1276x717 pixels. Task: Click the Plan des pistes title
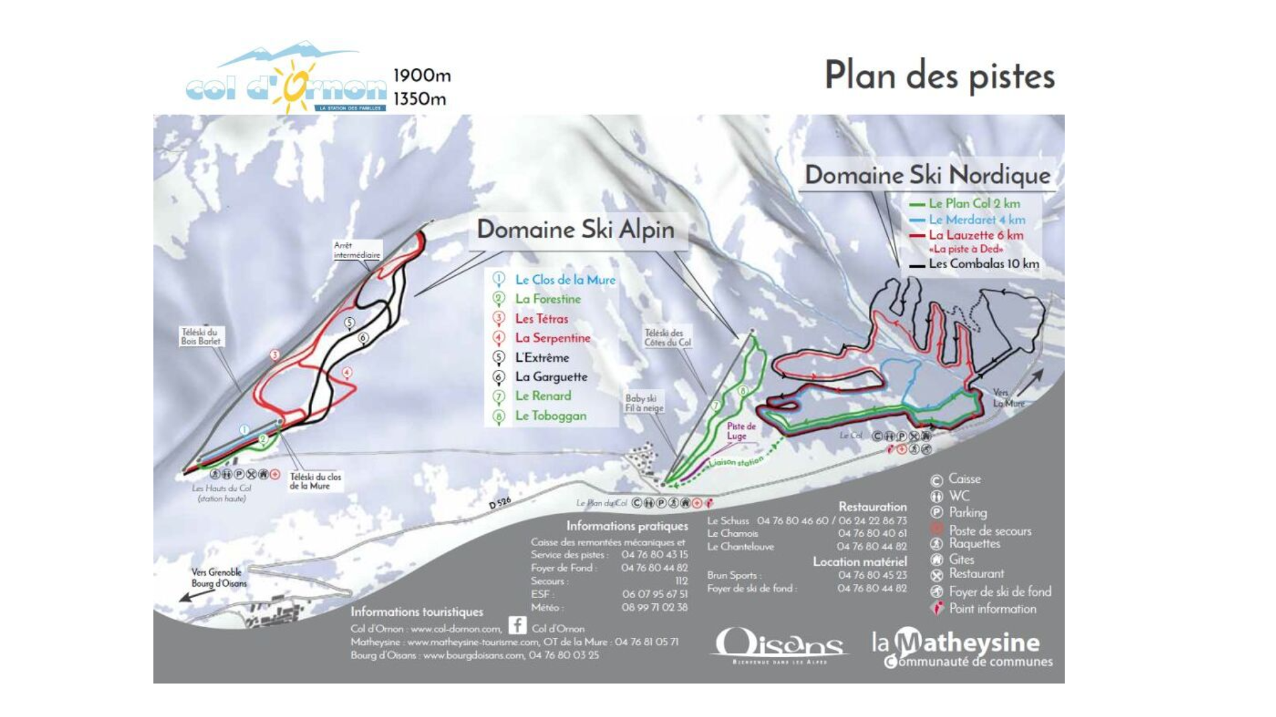tap(939, 76)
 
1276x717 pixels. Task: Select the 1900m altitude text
tap(422, 76)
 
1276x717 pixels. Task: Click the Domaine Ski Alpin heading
tap(575, 230)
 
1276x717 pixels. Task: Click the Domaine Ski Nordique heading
tap(927, 176)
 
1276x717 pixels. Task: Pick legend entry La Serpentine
tap(552, 338)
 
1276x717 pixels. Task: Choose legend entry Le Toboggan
tap(550, 416)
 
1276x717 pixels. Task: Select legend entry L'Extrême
tap(542, 358)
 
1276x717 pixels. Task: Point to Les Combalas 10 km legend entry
tap(983, 264)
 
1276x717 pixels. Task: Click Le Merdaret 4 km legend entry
tap(976, 220)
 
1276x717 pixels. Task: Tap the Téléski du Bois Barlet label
tap(200, 337)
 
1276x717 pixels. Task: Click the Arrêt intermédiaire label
tap(357, 251)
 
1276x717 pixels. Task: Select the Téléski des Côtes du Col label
tap(667, 338)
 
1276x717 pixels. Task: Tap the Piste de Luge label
tap(740, 431)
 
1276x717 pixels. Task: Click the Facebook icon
tap(517, 625)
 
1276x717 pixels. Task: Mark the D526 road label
tap(500, 503)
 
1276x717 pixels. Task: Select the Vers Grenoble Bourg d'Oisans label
tap(218, 578)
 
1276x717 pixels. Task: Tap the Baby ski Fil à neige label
tap(643, 403)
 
